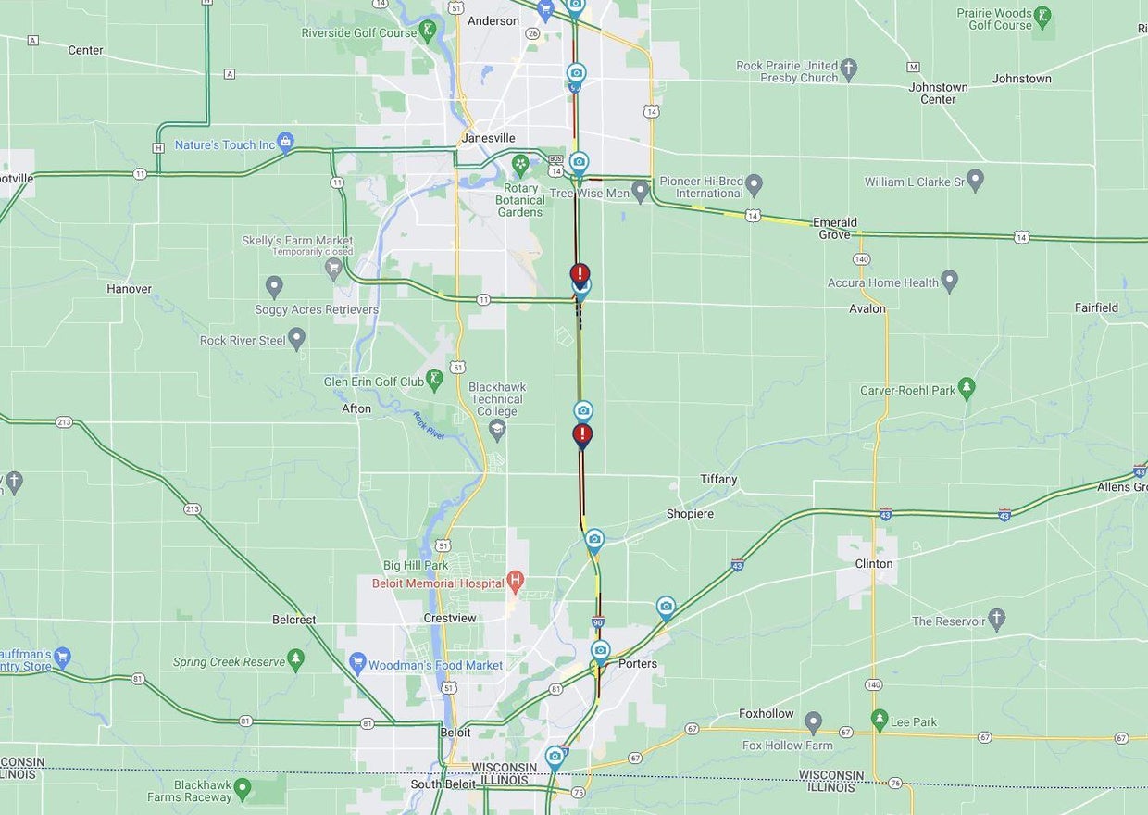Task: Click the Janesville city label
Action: coord(488,138)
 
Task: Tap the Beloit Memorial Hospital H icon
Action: coord(517,582)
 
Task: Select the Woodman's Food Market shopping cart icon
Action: coord(358,663)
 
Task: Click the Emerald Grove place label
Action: coord(834,228)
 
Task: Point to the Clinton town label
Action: coord(874,563)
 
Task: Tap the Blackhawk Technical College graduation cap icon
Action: coord(497,430)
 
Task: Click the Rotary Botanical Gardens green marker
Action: coord(520,165)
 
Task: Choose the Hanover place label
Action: coord(129,289)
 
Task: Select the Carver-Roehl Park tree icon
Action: coord(967,389)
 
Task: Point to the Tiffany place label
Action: coord(718,479)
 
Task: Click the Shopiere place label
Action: coord(690,514)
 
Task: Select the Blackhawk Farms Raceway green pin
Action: coord(243,789)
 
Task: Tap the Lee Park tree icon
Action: coord(880,720)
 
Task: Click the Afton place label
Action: coord(356,408)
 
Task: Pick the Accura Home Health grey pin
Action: coord(949,281)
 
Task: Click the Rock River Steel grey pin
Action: coord(296,339)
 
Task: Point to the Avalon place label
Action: coord(867,308)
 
